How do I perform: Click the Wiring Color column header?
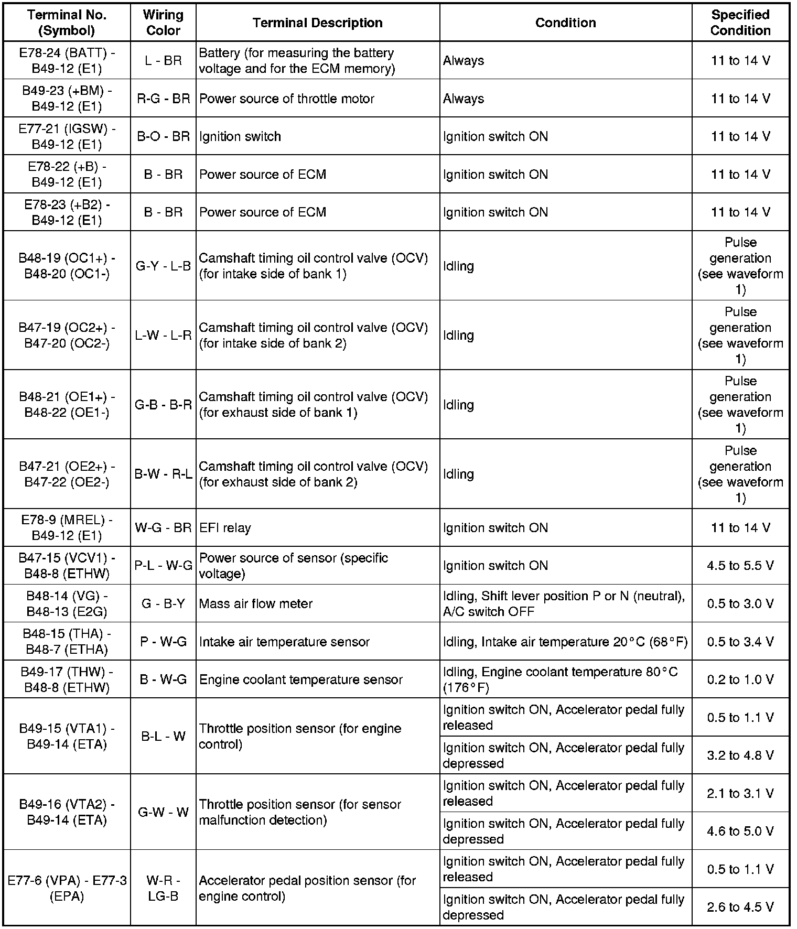[163, 23]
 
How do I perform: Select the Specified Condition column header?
[740, 23]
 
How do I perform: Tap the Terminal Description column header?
[317, 23]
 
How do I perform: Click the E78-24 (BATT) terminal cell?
[67, 60]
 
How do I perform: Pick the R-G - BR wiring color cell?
[163, 99]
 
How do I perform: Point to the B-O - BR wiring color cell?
[163, 136]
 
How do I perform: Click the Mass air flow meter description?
[256, 603]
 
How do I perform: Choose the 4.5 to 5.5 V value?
[740, 566]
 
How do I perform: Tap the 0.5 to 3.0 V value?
[740, 603]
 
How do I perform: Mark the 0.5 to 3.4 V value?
[740, 642]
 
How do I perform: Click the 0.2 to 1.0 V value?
[740, 679]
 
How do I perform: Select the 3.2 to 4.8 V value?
[740, 755]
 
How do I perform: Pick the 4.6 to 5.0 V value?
[740, 831]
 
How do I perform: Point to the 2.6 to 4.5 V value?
[740, 907]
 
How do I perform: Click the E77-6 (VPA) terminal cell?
[67, 888]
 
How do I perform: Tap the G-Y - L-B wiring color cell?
[163, 266]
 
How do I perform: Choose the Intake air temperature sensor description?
[284, 642]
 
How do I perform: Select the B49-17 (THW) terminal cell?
[67, 679]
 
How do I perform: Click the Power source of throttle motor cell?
[287, 99]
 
